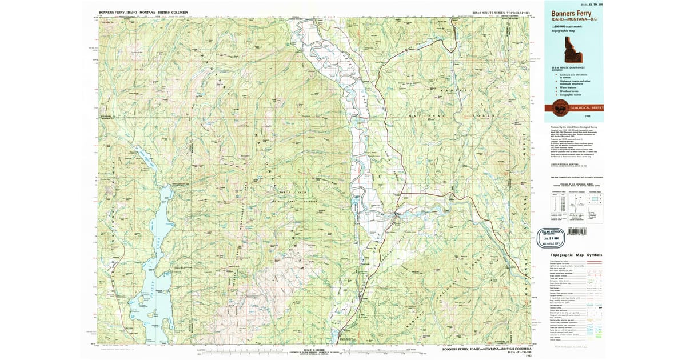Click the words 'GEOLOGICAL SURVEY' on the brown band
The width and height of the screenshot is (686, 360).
586,107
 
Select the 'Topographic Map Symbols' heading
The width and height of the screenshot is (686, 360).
576,255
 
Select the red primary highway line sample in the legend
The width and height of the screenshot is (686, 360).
595,261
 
